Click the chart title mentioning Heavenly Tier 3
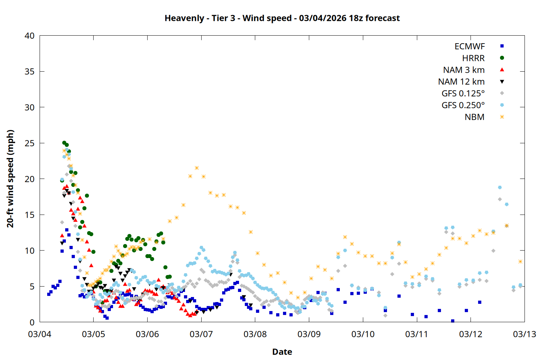click(282, 18)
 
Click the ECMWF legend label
click(469, 46)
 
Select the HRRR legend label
click(473, 58)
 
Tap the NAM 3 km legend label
click(464, 70)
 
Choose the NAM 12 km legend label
click(461, 82)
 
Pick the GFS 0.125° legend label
click(463, 94)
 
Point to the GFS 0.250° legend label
click(463, 105)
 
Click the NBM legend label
click(474, 117)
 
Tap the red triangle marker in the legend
click(502, 70)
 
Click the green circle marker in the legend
click(502, 58)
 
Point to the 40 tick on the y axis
click(30, 36)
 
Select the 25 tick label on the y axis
click(30, 143)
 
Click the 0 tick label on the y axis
click(32, 322)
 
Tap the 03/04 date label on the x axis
click(40, 334)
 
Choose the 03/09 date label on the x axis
click(309, 334)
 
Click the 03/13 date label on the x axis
click(524, 334)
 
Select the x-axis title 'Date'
click(282, 352)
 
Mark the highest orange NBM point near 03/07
click(197, 168)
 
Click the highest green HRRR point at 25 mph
click(64, 143)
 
